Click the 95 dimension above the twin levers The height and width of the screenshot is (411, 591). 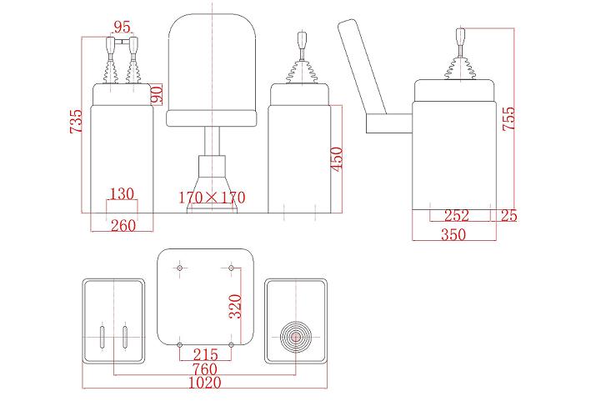[122, 28]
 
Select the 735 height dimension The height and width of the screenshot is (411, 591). [76, 121]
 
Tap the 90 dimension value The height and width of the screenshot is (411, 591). [157, 94]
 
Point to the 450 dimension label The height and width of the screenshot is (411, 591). [337, 158]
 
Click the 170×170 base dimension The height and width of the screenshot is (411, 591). [212, 198]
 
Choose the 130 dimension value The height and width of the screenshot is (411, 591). [122, 193]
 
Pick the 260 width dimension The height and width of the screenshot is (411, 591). [123, 225]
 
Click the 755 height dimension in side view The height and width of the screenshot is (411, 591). [508, 118]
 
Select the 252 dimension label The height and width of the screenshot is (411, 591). [457, 215]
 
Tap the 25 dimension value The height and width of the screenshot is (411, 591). [508, 215]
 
